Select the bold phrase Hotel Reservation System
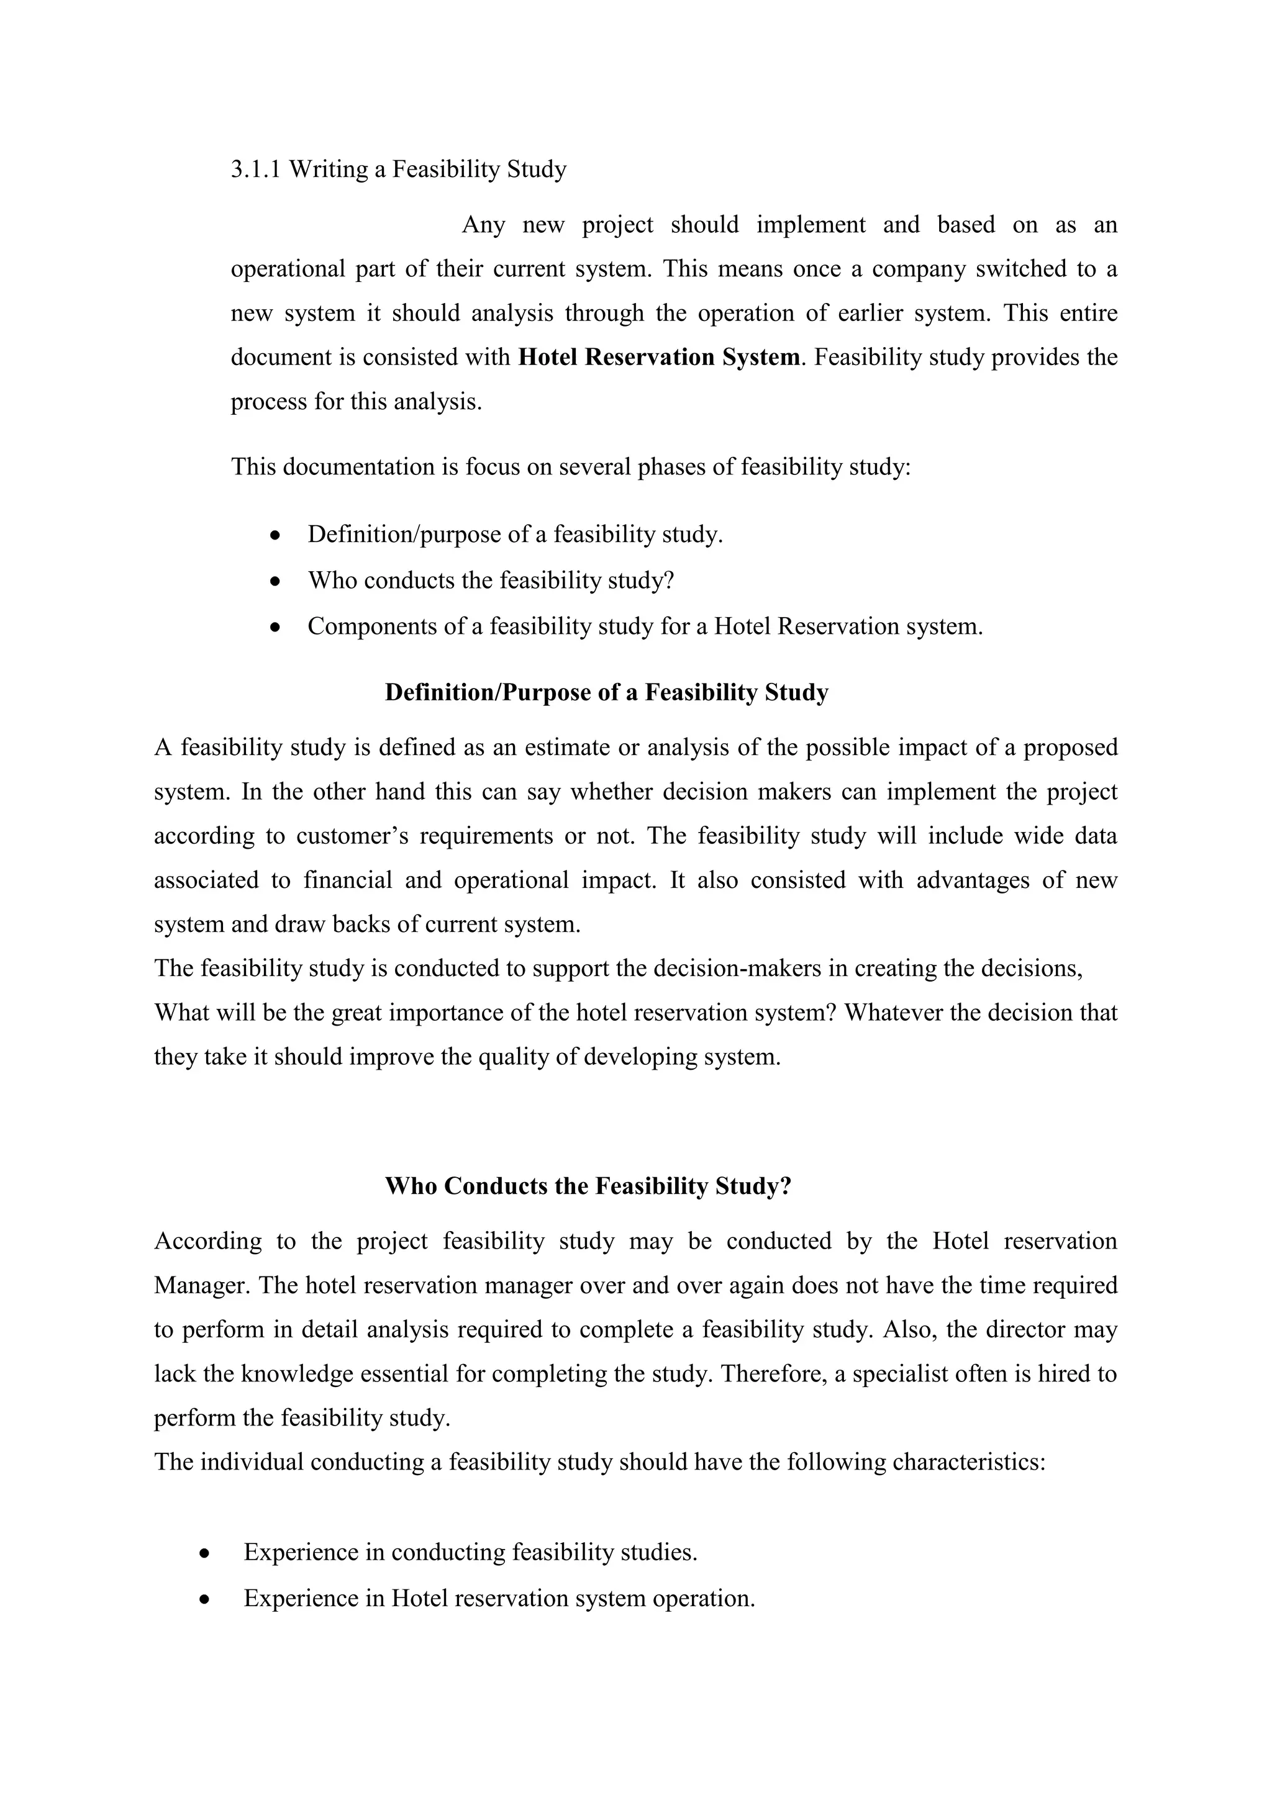click(660, 357)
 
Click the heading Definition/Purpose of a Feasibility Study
click(606, 692)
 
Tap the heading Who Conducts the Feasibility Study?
click(588, 1186)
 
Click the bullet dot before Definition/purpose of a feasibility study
click(274, 536)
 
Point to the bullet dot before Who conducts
click(274, 582)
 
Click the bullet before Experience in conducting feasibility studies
click(204, 1553)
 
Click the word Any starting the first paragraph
click(483, 225)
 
